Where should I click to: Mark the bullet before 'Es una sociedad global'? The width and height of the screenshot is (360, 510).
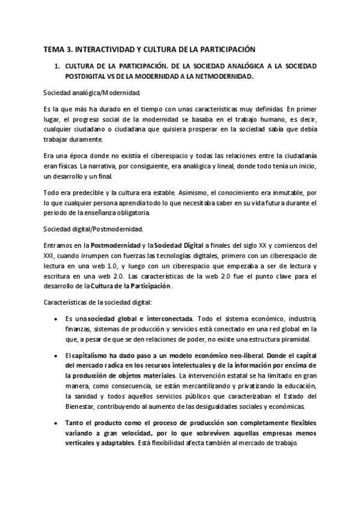coord(56,318)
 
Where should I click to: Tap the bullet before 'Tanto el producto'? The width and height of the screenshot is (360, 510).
coord(56,423)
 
